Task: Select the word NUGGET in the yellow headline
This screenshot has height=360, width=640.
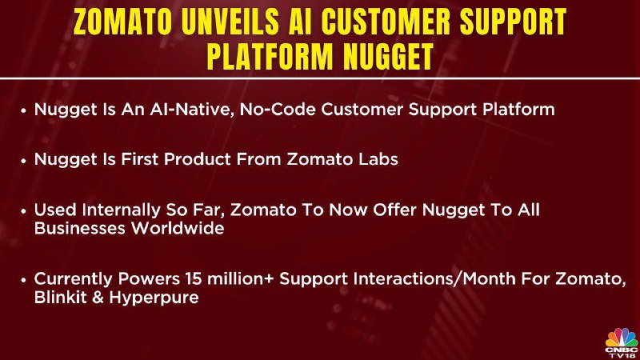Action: pyautogui.click(x=388, y=57)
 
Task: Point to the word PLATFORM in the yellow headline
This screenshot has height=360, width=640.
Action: pyautogui.click(x=270, y=57)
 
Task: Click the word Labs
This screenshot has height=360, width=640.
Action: pyautogui.click(x=378, y=159)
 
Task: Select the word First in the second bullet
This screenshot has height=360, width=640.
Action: pyautogui.click(x=139, y=159)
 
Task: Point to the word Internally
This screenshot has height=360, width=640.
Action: pyautogui.click(x=121, y=210)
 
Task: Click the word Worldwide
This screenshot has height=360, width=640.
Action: pyautogui.click(x=178, y=228)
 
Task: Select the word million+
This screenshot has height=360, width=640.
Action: pyautogui.click(x=241, y=278)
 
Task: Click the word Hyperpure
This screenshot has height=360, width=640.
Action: pyautogui.click(x=154, y=298)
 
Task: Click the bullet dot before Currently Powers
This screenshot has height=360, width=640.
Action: pyautogui.click(x=24, y=279)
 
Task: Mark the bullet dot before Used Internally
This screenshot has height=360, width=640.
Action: pyautogui.click(x=24, y=211)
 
